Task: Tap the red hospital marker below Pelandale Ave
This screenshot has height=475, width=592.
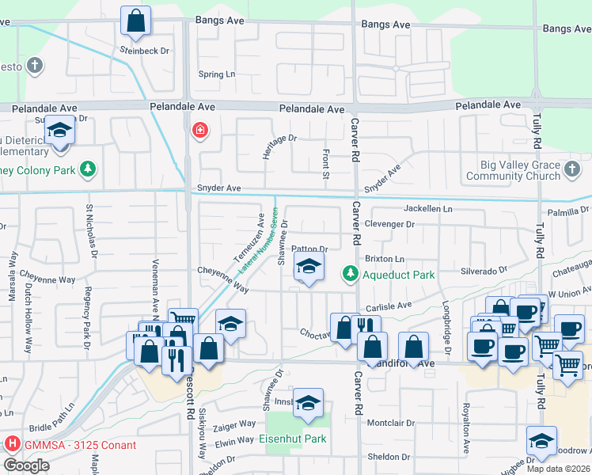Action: tap(199, 129)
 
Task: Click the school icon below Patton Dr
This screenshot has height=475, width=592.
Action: tap(309, 268)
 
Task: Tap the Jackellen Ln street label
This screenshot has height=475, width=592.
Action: tap(428, 209)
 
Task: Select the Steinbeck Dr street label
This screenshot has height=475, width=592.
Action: tap(145, 51)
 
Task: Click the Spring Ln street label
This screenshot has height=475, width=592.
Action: tap(217, 75)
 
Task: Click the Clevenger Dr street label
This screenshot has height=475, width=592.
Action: tap(389, 224)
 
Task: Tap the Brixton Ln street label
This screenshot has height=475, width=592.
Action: tap(385, 259)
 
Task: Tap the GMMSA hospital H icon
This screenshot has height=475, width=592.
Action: tap(12, 445)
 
